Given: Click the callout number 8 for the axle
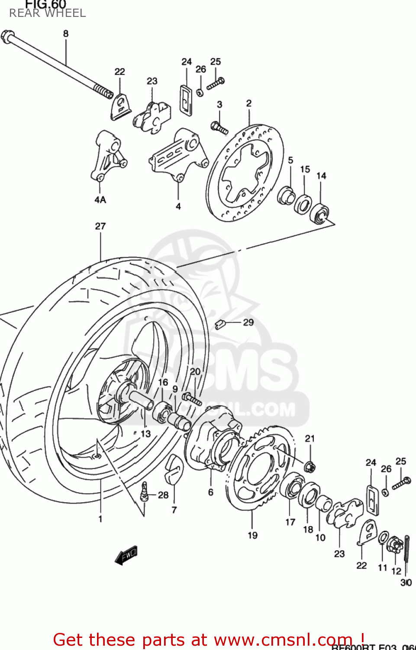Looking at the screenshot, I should [x=66, y=33].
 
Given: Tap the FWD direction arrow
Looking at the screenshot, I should [x=126, y=555].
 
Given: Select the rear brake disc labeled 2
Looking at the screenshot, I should [x=245, y=173].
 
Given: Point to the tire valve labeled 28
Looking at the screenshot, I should [x=145, y=492].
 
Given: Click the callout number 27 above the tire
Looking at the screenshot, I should [x=100, y=226].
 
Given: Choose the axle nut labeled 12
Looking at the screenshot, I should [x=395, y=544].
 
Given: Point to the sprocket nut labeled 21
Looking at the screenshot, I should [x=310, y=467].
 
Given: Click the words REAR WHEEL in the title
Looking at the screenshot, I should [x=48, y=13].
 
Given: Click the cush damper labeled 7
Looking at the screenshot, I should [x=174, y=469].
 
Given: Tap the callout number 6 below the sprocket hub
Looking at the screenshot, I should [x=210, y=492].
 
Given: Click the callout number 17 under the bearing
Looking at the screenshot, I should [x=290, y=522].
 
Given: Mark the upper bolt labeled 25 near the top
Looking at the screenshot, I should [x=215, y=83].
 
